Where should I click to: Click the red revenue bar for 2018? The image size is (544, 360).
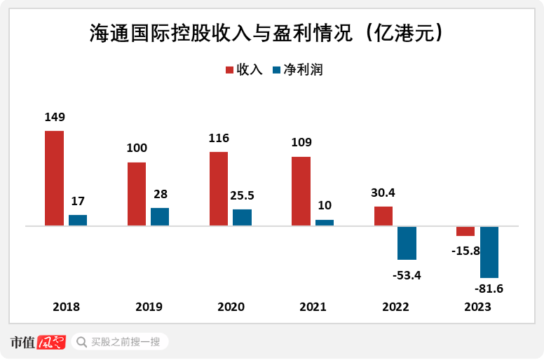54,178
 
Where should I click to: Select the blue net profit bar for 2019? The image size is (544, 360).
160,216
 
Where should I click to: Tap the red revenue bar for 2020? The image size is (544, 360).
219,188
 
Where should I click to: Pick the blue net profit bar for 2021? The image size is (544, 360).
325,223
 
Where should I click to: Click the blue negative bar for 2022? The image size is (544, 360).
407,243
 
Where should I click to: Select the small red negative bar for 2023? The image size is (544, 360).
465,231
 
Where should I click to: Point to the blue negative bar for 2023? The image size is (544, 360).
489,252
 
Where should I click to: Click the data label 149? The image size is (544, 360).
54,117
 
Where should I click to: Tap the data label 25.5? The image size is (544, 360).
242,195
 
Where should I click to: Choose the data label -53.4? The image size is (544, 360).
407,275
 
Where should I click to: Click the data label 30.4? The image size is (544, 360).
383,193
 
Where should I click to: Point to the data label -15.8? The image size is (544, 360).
465,251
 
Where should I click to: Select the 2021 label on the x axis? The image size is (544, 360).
313,307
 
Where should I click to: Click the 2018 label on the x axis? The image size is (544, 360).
67,307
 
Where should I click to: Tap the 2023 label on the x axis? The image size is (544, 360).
477,307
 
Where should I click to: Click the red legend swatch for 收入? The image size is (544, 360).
229,70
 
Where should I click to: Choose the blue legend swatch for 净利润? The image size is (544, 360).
277,70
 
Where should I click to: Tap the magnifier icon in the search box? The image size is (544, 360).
81,342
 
